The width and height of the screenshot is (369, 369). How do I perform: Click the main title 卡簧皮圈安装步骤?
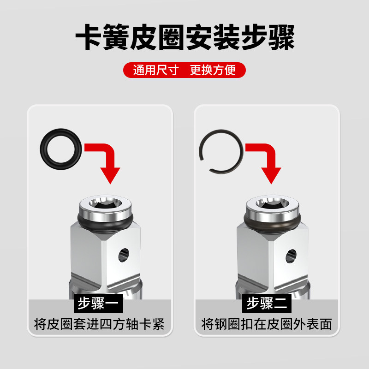coord(185,37)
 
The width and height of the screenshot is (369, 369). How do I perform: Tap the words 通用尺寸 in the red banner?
coord(156,70)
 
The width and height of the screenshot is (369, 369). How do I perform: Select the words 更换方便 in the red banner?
coord(213,70)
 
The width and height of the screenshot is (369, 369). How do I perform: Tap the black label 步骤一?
coord(98,303)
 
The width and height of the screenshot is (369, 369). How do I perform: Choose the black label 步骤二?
coord(267,303)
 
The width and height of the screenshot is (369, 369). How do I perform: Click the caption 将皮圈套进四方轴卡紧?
coord(99,324)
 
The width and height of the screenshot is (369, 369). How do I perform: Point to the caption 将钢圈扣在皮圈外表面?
coord(267,324)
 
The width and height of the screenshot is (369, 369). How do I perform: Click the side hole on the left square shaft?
coord(124,255)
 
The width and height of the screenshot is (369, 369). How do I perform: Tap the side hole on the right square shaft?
coord(291,256)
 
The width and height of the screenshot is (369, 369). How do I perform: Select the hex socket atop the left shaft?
coord(105,203)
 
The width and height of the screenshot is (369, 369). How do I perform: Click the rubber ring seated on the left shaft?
coord(105,226)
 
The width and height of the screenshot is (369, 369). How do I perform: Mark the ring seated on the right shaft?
coord(273,226)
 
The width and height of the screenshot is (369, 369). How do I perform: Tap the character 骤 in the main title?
coord(281,37)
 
